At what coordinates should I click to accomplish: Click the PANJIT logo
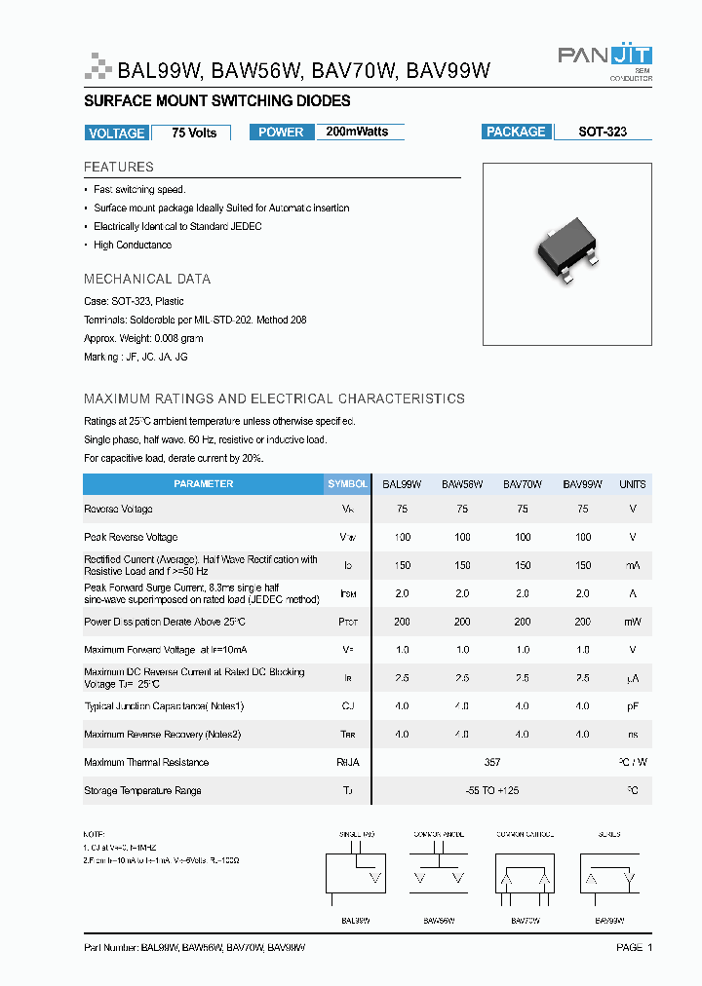coord(604,57)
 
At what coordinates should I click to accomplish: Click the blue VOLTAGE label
coord(116,133)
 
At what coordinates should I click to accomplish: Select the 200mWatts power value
coord(358,132)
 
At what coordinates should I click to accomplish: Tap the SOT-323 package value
coord(603,132)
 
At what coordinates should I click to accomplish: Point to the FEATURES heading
coord(119,167)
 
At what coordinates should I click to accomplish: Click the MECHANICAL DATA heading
coord(147,279)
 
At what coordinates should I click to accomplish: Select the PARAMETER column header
coord(203,484)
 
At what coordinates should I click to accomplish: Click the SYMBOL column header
coord(347,484)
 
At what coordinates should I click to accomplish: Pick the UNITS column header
coord(633,484)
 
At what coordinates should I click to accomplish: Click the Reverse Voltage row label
coord(118,510)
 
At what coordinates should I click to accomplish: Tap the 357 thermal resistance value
coord(492,763)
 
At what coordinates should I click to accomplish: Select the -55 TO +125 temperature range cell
coord(492,791)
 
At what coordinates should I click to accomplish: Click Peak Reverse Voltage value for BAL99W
coord(402,537)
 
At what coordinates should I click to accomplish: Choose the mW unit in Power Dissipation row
coord(633,622)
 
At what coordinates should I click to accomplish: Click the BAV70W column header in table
coord(523,484)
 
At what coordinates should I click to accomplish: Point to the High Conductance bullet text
coord(133,246)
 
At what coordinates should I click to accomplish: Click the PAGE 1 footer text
coord(634,947)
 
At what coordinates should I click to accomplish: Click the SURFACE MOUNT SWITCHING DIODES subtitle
coord(217,101)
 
